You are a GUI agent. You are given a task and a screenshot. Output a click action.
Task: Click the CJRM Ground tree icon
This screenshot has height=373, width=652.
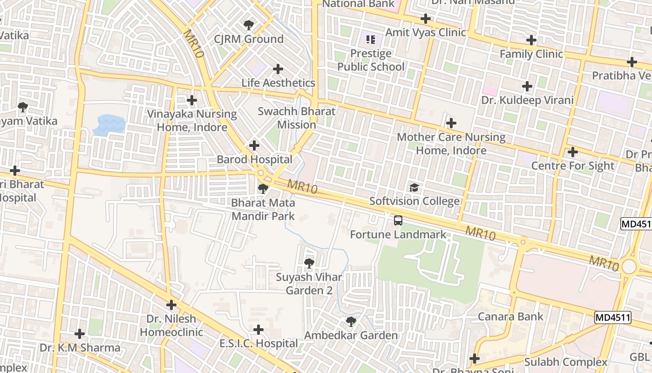point(249,25)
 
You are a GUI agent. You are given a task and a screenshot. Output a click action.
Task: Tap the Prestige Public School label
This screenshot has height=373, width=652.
point(371,60)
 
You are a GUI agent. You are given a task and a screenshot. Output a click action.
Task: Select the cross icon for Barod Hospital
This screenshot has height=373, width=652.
point(254,145)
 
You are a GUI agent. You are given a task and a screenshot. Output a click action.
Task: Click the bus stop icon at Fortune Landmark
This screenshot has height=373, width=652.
point(398,221)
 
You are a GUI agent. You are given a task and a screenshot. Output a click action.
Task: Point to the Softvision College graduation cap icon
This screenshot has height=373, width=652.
point(414,188)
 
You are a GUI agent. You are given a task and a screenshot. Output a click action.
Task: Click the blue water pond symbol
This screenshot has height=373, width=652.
point(109,125)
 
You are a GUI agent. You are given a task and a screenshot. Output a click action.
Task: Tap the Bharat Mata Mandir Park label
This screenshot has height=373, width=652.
point(263,209)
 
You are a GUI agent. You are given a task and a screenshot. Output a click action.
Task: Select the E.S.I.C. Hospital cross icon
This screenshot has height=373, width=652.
point(258,330)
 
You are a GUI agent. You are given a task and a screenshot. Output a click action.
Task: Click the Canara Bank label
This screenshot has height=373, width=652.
point(510,317)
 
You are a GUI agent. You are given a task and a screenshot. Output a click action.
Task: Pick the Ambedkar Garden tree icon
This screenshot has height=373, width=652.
point(351,322)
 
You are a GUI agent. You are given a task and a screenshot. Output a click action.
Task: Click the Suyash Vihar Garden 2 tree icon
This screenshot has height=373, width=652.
point(308,264)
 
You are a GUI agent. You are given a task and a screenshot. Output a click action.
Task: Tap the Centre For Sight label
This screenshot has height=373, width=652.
point(572,166)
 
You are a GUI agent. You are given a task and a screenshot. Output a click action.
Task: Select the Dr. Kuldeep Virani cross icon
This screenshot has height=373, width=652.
point(527,86)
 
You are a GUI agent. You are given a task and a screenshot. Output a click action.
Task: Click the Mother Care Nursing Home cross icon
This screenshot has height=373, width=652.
point(451,123)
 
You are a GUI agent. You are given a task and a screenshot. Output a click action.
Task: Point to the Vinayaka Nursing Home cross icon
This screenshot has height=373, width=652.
point(191,100)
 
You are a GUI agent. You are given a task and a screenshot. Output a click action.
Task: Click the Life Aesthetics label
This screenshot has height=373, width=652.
point(278,83)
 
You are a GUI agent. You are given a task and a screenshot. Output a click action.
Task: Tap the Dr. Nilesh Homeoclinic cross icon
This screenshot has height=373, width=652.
point(171,305)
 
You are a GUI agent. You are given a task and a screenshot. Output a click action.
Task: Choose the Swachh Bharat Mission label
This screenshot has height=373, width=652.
point(297,118)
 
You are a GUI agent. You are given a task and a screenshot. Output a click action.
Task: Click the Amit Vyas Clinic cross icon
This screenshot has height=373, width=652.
point(425,19)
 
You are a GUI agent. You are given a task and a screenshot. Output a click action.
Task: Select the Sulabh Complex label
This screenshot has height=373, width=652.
point(566,362)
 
